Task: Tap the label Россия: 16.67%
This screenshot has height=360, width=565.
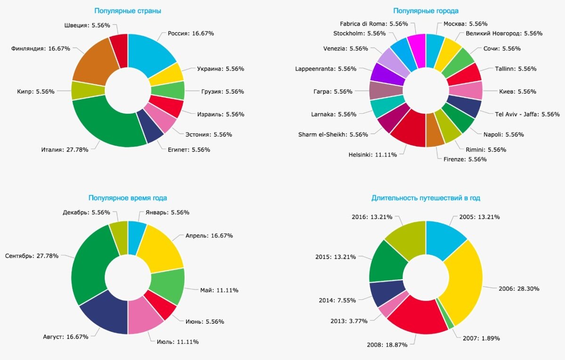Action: click(x=191, y=33)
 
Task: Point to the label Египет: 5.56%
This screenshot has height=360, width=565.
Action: click(x=188, y=150)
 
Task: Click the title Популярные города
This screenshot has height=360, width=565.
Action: click(x=426, y=10)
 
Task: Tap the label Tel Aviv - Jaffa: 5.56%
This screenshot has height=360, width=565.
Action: click(x=527, y=114)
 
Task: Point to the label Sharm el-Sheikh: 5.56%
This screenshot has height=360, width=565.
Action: click(x=333, y=135)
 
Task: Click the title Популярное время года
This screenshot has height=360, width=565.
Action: click(x=128, y=198)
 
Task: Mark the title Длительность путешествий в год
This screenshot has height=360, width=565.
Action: click(x=426, y=198)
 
